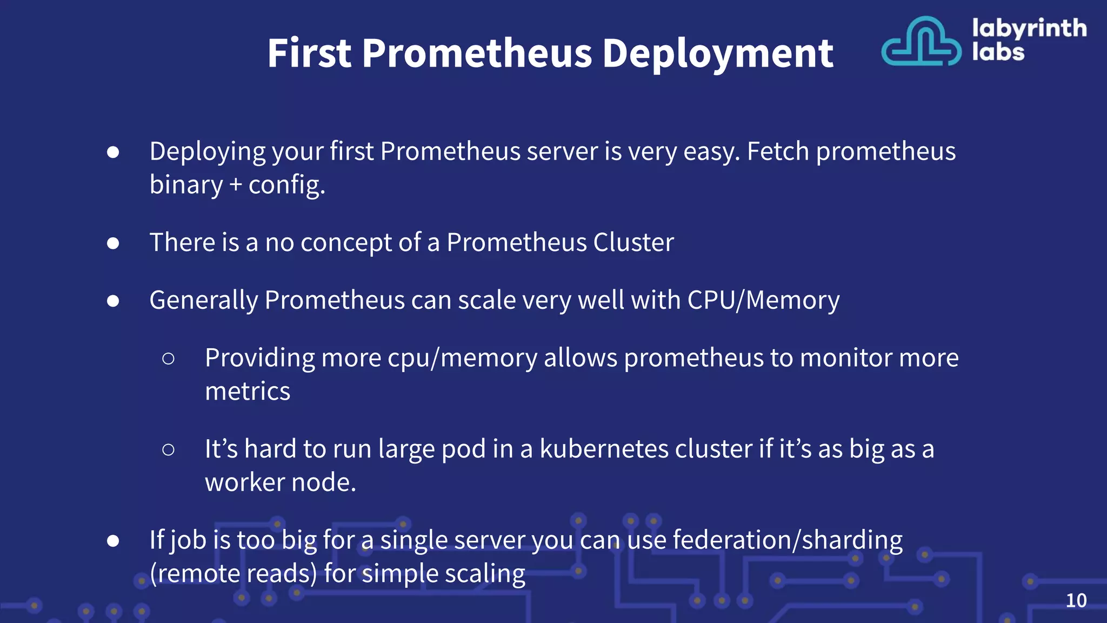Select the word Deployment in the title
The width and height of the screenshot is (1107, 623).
[x=718, y=54]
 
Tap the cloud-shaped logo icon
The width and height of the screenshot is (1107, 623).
[x=921, y=42]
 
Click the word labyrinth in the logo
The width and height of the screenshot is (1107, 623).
[x=1029, y=28]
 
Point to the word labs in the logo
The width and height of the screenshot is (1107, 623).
[x=998, y=52]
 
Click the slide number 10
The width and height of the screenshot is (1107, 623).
[x=1076, y=600]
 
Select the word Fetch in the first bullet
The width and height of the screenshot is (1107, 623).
[x=778, y=151]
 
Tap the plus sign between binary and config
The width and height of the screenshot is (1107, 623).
[x=235, y=185]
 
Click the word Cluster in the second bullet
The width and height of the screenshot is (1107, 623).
[x=633, y=242]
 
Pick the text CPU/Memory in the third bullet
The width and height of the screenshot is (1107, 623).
[x=763, y=300]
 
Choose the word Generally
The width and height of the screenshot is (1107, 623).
[x=203, y=300]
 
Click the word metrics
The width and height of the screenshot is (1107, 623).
[x=248, y=391]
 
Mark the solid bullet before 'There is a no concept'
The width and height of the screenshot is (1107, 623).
[x=113, y=243]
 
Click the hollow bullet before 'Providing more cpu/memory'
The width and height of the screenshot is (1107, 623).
[x=168, y=359]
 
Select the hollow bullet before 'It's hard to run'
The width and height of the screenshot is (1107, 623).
[x=168, y=449]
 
